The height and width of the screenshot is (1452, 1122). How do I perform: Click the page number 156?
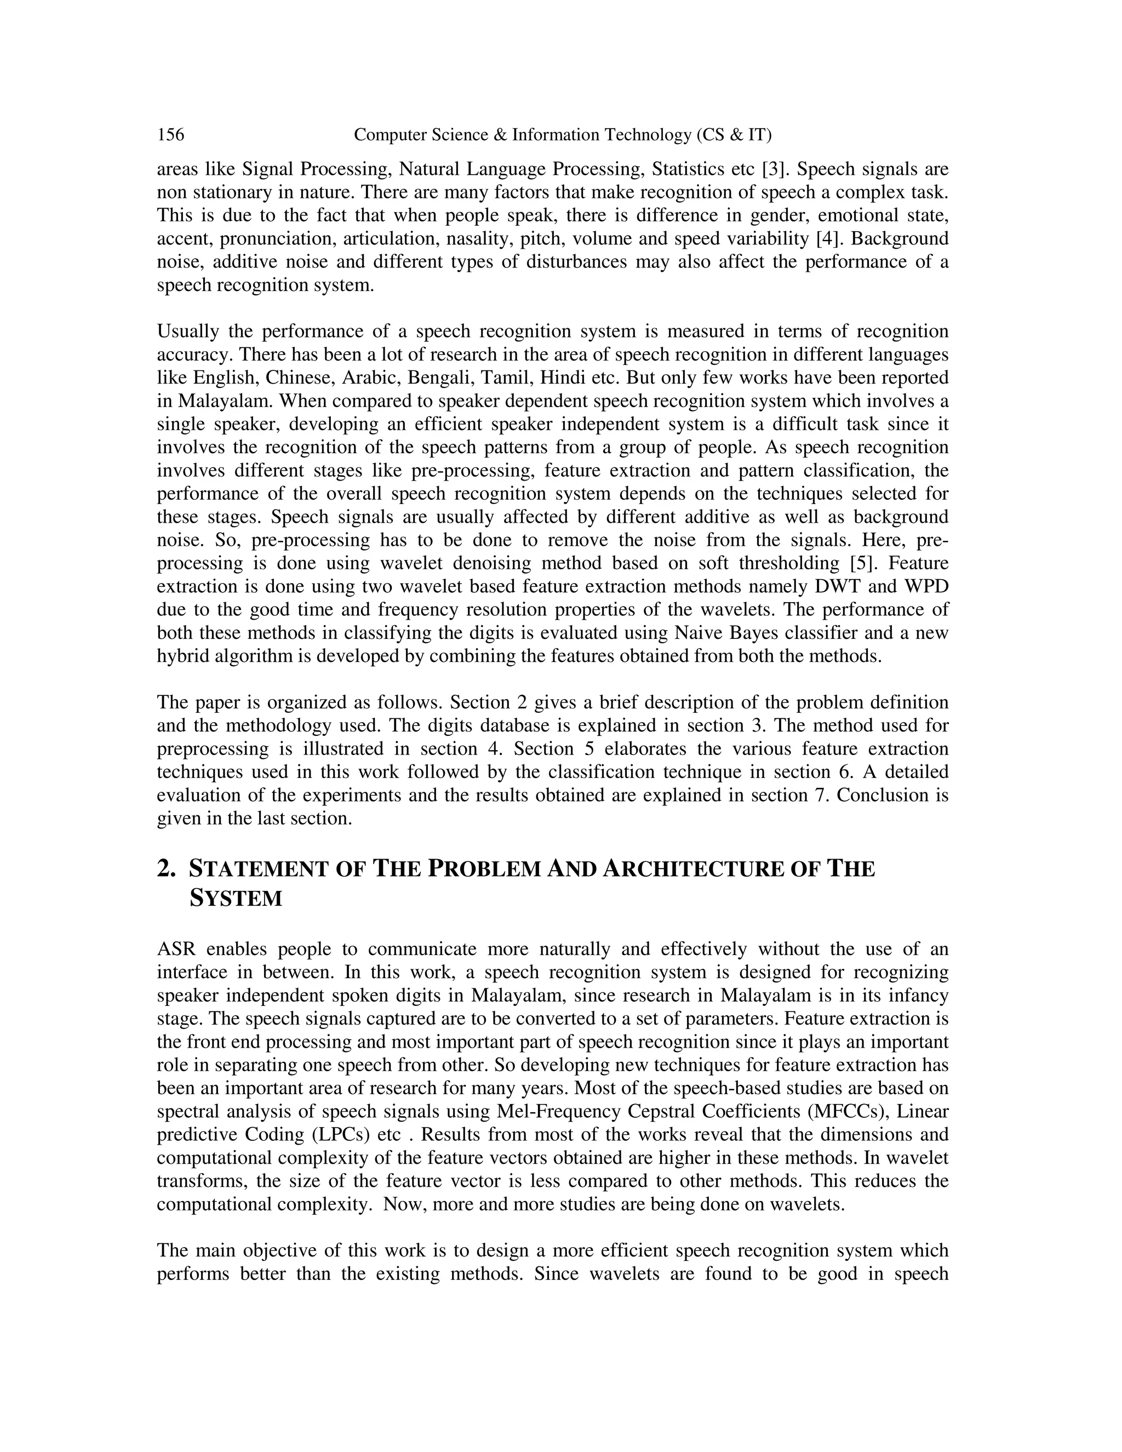[171, 135]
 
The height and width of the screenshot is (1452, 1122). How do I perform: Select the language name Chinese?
[299, 378]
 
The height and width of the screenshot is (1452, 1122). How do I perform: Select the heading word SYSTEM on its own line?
[236, 898]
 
